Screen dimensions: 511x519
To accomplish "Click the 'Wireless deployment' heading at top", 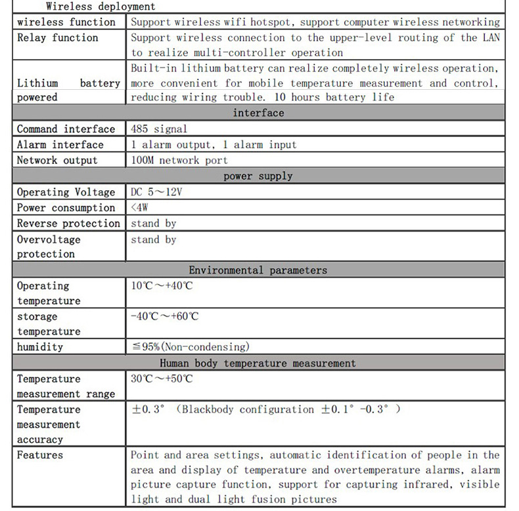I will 101,7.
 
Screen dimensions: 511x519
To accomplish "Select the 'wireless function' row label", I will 66,22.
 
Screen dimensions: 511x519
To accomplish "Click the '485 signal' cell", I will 159,129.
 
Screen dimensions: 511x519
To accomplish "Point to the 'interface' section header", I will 258,113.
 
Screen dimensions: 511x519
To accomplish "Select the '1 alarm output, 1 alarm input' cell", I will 214,144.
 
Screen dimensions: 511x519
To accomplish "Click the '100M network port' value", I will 179,160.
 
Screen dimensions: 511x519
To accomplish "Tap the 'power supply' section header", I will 258,176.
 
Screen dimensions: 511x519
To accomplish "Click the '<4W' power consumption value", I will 139,207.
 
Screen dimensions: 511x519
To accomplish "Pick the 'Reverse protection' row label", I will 68,223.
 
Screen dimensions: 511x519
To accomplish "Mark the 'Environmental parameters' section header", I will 258,270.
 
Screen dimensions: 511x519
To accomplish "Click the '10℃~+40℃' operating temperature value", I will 162,286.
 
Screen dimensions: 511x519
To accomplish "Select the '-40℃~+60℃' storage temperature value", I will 165,316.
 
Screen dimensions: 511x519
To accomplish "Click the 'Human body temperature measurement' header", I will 258,363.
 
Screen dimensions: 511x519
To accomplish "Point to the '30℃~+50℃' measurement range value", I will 162,378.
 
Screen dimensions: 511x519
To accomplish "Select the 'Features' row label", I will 40,455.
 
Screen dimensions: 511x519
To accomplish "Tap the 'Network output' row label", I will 57,160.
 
